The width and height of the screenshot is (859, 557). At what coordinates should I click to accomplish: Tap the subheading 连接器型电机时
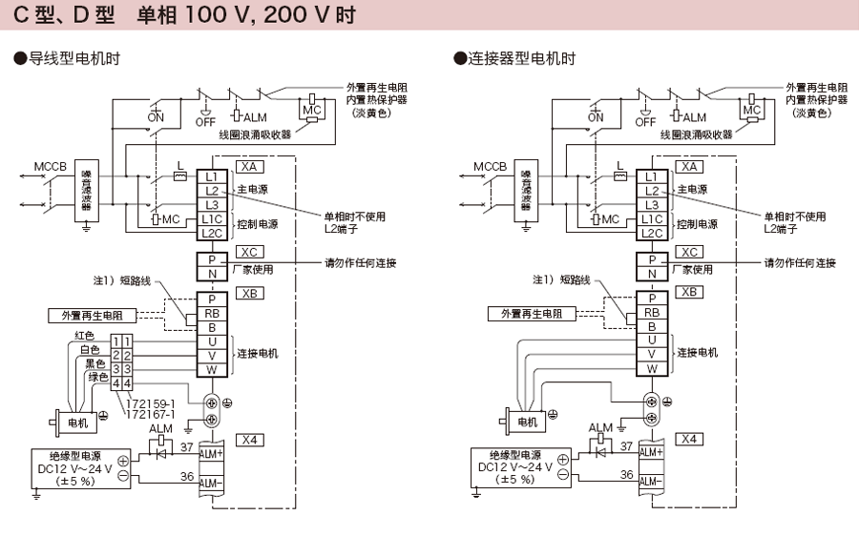tap(515, 59)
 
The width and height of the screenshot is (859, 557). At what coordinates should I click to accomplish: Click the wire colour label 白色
tap(89, 349)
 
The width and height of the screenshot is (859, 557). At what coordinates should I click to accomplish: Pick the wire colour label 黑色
tap(94, 363)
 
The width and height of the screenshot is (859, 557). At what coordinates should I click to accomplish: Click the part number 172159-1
tap(151, 403)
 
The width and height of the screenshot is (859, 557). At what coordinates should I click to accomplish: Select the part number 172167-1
tap(151, 415)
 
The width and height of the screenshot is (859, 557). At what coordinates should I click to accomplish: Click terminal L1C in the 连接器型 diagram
tap(652, 218)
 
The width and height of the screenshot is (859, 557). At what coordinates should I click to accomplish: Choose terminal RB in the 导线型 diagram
tap(212, 313)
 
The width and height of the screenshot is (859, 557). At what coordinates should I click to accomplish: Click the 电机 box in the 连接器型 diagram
tap(526, 421)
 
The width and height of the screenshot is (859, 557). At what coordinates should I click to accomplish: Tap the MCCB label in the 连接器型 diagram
tap(490, 166)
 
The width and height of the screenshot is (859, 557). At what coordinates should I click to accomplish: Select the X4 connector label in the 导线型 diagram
tap(251, 440)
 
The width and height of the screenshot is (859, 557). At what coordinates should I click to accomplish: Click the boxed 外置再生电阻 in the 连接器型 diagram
tap(532, 314)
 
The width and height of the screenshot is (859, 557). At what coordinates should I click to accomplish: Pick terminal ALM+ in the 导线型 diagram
tap(211, 453)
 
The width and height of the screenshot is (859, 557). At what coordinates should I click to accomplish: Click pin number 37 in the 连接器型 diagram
tap(626, 445)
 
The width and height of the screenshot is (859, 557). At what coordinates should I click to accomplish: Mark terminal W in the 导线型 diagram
tap(212, 368)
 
